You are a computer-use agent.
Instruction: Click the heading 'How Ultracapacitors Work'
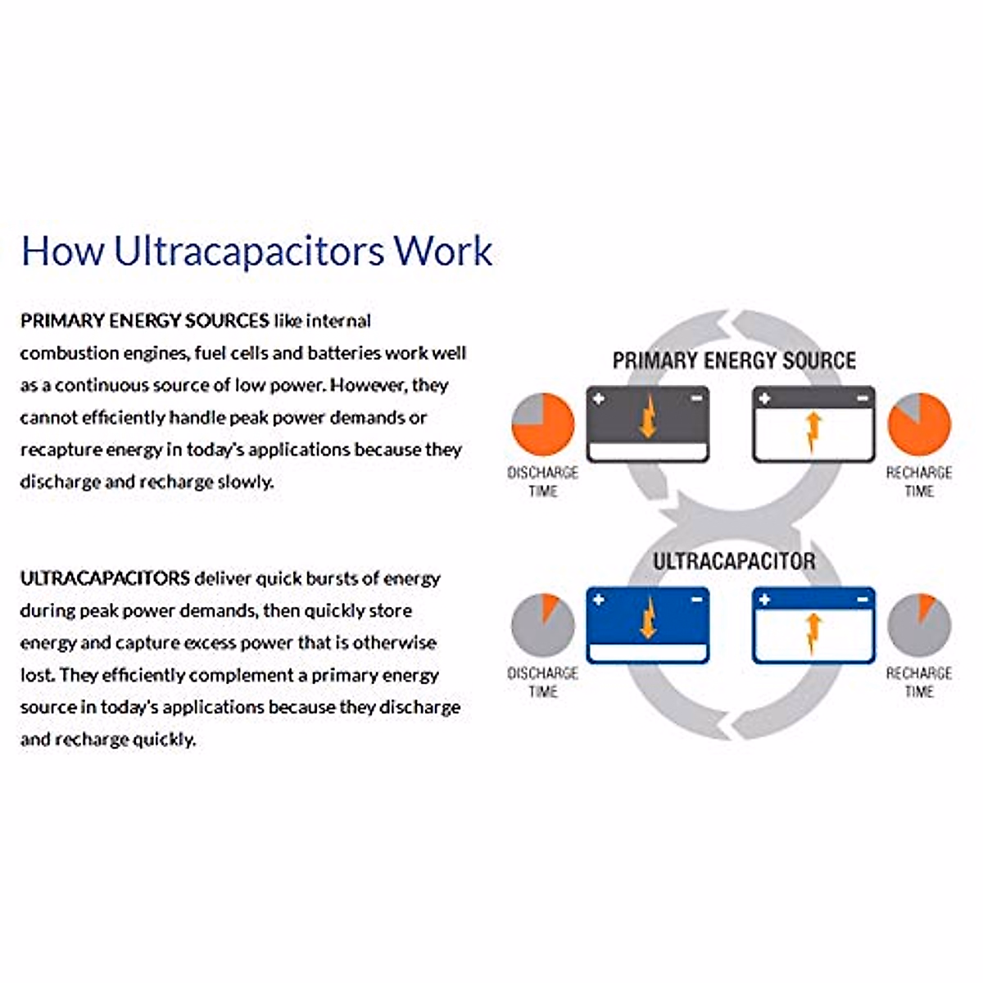256,250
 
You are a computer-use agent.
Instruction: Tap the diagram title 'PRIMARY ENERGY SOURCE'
734,360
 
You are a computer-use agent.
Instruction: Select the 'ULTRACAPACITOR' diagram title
734,562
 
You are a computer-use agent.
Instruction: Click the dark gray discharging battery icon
648,424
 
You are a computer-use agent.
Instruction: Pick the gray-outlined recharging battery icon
813,424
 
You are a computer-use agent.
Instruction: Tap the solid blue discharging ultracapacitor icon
648,625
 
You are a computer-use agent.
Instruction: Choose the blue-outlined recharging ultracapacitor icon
813,625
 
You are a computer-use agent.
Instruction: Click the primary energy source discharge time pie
542,424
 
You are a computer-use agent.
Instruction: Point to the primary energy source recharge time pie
919,424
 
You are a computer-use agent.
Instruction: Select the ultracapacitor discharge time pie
542,625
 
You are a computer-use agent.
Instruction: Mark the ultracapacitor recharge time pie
919,625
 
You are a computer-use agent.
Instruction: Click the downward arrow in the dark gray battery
648,415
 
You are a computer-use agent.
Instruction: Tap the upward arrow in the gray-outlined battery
813,431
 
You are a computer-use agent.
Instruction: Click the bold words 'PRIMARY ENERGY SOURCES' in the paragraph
144,320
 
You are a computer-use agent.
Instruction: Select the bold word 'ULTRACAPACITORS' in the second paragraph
105,578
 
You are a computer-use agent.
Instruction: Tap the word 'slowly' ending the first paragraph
246,482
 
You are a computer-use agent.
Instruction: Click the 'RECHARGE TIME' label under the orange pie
919,482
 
